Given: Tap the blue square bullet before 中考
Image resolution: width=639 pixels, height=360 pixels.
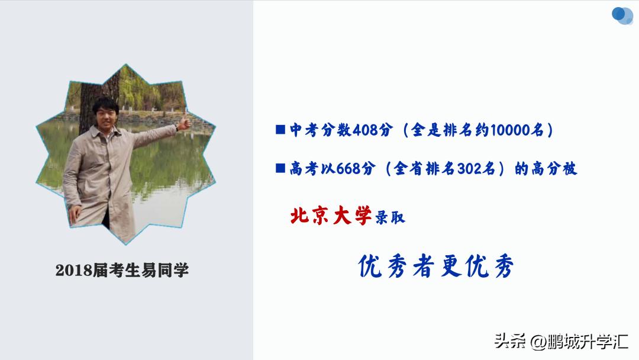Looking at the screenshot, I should pos(280,130).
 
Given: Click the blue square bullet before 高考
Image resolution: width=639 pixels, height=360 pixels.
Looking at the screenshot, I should pos(280,169).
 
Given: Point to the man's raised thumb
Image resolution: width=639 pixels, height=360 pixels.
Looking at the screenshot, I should pos(185,123).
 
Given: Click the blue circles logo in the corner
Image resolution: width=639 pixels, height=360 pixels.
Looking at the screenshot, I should pos(622,15).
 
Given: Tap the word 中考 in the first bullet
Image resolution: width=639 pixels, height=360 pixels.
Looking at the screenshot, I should pos(305,131).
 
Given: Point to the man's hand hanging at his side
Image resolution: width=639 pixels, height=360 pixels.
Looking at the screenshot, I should pos(75,214).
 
